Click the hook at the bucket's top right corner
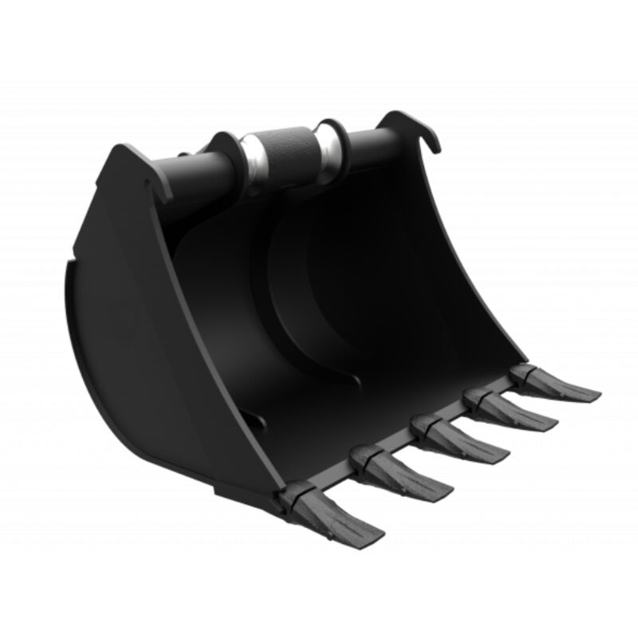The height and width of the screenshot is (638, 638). click(423, 132)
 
